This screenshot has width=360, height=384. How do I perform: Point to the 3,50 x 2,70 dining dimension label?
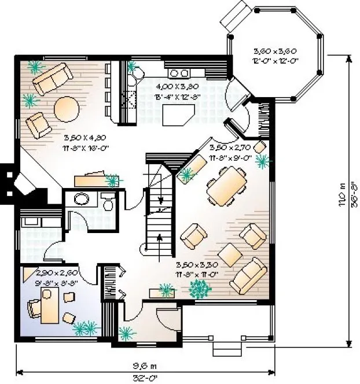[x=230, y=152]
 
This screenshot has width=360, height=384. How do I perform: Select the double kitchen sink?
[x=179, y=73]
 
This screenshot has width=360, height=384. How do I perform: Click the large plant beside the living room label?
[x=201, y=287]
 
